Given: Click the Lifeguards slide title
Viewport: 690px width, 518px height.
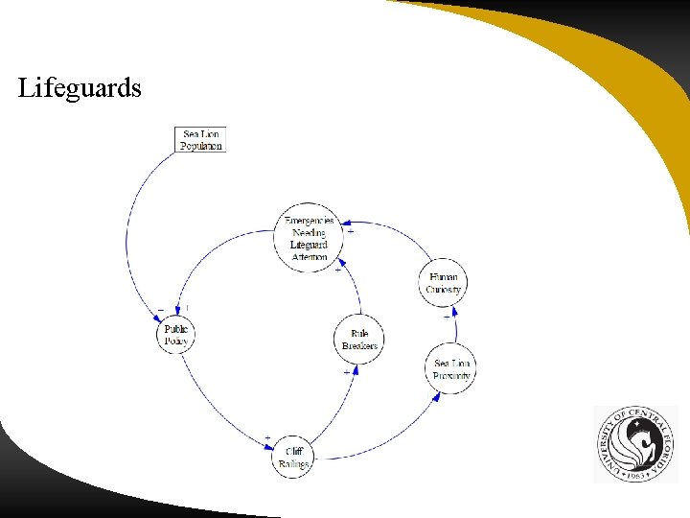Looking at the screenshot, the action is pos(80,89).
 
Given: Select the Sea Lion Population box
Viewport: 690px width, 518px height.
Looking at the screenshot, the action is pos(201,140).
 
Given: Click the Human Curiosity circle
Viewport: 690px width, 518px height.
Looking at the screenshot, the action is pos(443,283).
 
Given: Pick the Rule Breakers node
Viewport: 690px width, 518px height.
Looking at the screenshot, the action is pos(359,340).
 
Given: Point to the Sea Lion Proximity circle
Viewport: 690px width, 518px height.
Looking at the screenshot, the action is pos(451,369).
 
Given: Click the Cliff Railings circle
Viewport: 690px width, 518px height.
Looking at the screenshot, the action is pos(293,457).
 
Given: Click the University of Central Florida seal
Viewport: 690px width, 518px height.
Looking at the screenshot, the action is pos(635,443).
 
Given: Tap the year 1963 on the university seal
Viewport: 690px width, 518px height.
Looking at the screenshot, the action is pos(633,475).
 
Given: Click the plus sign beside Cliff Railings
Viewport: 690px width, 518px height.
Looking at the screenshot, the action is pos(267,437).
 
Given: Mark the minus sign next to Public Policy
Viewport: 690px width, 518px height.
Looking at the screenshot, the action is pos(160,309).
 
